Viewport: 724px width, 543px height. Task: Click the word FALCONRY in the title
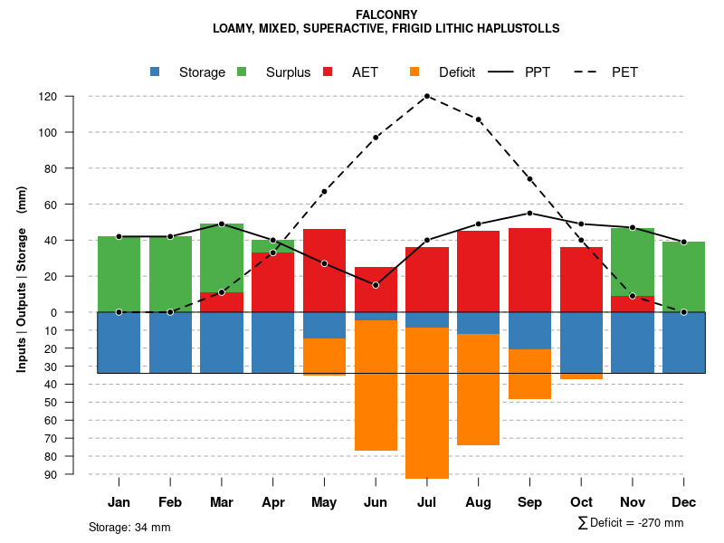[x=386, y=14]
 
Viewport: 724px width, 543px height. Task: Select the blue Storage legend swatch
[x=155, y=72]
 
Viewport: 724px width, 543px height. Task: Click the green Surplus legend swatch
[x=242, y=72]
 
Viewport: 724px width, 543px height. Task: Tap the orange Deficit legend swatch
[x=414, y=72]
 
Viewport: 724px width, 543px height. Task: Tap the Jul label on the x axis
[x=427, y=502]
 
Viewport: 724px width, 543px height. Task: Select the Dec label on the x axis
[x=684, y=502]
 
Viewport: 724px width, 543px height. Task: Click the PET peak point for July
[x=427, y=96]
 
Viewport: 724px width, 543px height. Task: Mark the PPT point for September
[x=529, y=214]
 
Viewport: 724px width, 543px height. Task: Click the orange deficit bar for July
[x=427, y=403]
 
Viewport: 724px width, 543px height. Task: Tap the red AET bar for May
[x=324, y=271]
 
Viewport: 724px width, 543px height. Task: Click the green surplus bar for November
[x=633, y=262]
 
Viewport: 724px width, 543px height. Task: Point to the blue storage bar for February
[x=170, y=342]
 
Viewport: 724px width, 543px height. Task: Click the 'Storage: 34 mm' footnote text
[x=129, y=528]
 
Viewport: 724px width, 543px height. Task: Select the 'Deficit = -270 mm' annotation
[x=631, y=523]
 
